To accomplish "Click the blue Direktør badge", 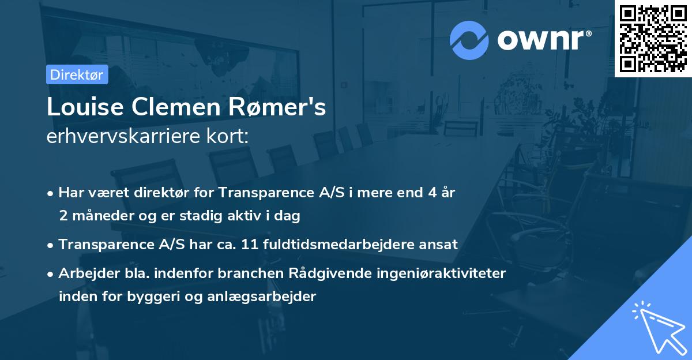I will point(77,74).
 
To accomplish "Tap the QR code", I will point(653,38).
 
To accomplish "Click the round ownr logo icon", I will point(469,40).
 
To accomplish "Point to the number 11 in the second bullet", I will point(249,244).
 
